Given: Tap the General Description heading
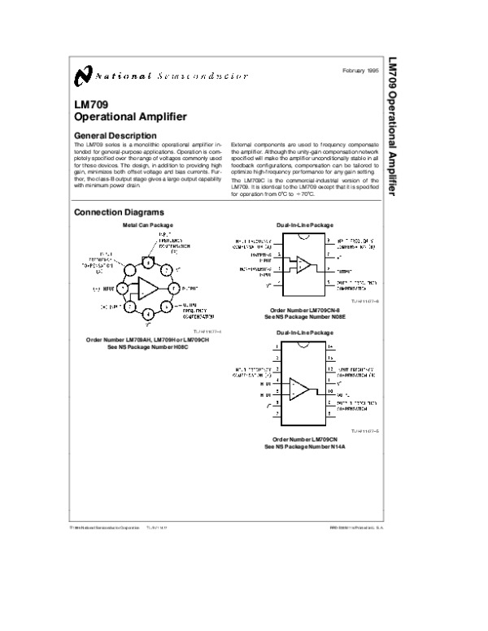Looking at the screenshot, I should (x=115, y=135).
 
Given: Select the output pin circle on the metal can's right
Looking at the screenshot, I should (x=172, y=288).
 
